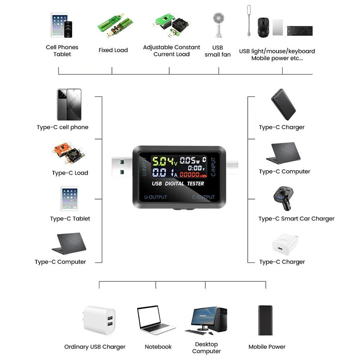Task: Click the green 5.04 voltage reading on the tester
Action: click(x=163, y=162)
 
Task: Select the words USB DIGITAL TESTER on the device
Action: click(x=178, y=184)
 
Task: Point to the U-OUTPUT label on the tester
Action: click(x=155, y=197)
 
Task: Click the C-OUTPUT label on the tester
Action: click(x=203, y=197)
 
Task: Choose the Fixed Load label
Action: click(x=113, y=50)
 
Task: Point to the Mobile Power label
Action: click(x=267, y=347)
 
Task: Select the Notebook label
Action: click(x=158, y=347)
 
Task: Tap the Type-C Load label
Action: click(x=70, y=173)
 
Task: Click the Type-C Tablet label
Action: click(x=70, y=219)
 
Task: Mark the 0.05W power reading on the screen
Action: click(x=190, y=161)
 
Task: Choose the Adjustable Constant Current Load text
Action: click(x=171, y=51)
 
